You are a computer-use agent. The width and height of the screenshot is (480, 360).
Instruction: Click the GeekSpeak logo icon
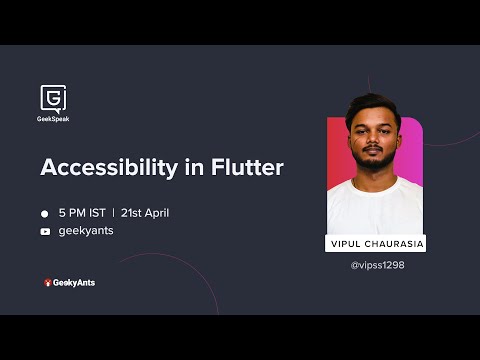[54, 97]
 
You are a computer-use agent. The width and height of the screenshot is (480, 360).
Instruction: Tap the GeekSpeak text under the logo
[54, 119]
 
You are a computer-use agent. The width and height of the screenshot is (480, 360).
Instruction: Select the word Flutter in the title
[246, 168]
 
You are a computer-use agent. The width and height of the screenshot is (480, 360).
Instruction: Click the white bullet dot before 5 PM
[45, 213]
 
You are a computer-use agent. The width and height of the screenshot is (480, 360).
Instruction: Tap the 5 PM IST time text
[82, 213]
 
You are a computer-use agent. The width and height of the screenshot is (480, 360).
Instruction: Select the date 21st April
[147, 213]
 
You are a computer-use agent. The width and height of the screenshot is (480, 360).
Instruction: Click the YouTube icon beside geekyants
[45, 231]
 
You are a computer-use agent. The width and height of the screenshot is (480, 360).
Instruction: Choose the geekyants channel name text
[86, 231]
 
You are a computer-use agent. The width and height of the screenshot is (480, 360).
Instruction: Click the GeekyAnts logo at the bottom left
[69, 283]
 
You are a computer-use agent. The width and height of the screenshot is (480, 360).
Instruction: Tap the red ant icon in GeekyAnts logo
[47, 283]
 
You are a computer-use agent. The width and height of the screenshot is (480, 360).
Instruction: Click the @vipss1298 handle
[377, 265]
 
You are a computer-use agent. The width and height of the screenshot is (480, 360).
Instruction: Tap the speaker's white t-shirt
[375, 205]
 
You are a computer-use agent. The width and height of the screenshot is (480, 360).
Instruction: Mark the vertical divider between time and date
[113, 213]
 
